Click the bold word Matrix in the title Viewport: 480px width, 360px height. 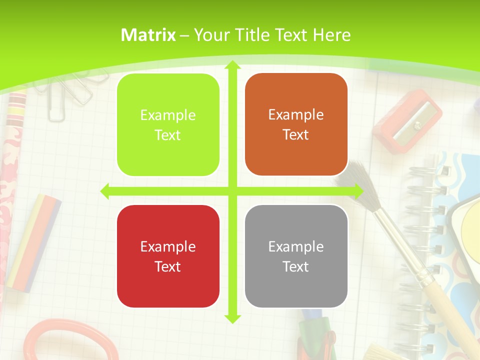(x=148, y=35)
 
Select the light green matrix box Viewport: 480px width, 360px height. (x=168, y=125)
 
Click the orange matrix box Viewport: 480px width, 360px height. (x=296, y=124)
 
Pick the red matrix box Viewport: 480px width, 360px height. (x=168, y=256)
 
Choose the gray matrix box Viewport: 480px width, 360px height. (x=296, y=256)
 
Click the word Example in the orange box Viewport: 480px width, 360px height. (x=296, y=115)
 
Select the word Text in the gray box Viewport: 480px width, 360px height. (x=296, y=267)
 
